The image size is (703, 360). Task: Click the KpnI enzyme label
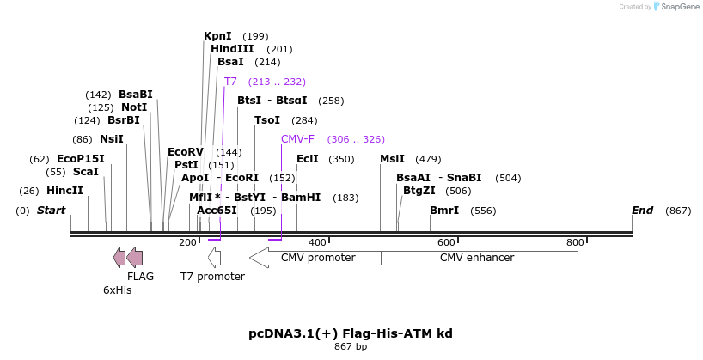point(217,36)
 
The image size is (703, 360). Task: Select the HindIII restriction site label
point(232,49)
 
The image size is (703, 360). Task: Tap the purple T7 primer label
point(230,82)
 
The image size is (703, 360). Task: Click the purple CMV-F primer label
point(297,139)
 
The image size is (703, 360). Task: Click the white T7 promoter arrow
point(214,258)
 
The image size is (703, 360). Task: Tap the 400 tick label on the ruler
point(317,243)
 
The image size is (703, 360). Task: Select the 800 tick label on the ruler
point(575,243)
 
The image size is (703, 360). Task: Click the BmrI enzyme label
point(444,211)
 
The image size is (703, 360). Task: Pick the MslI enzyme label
point(392,159)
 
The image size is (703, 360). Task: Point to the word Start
point(51,211)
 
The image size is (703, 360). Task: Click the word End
point(642,211)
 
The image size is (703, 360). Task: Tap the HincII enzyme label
point(64,191)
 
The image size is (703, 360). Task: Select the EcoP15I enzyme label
point(80,159)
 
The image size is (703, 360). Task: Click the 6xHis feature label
point(117,290)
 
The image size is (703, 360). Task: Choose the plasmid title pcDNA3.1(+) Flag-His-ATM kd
point(351,333)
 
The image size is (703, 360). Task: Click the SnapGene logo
point(675,7)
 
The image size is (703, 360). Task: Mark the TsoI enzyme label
point(267,120)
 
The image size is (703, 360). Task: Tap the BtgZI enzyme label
point(419,191)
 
